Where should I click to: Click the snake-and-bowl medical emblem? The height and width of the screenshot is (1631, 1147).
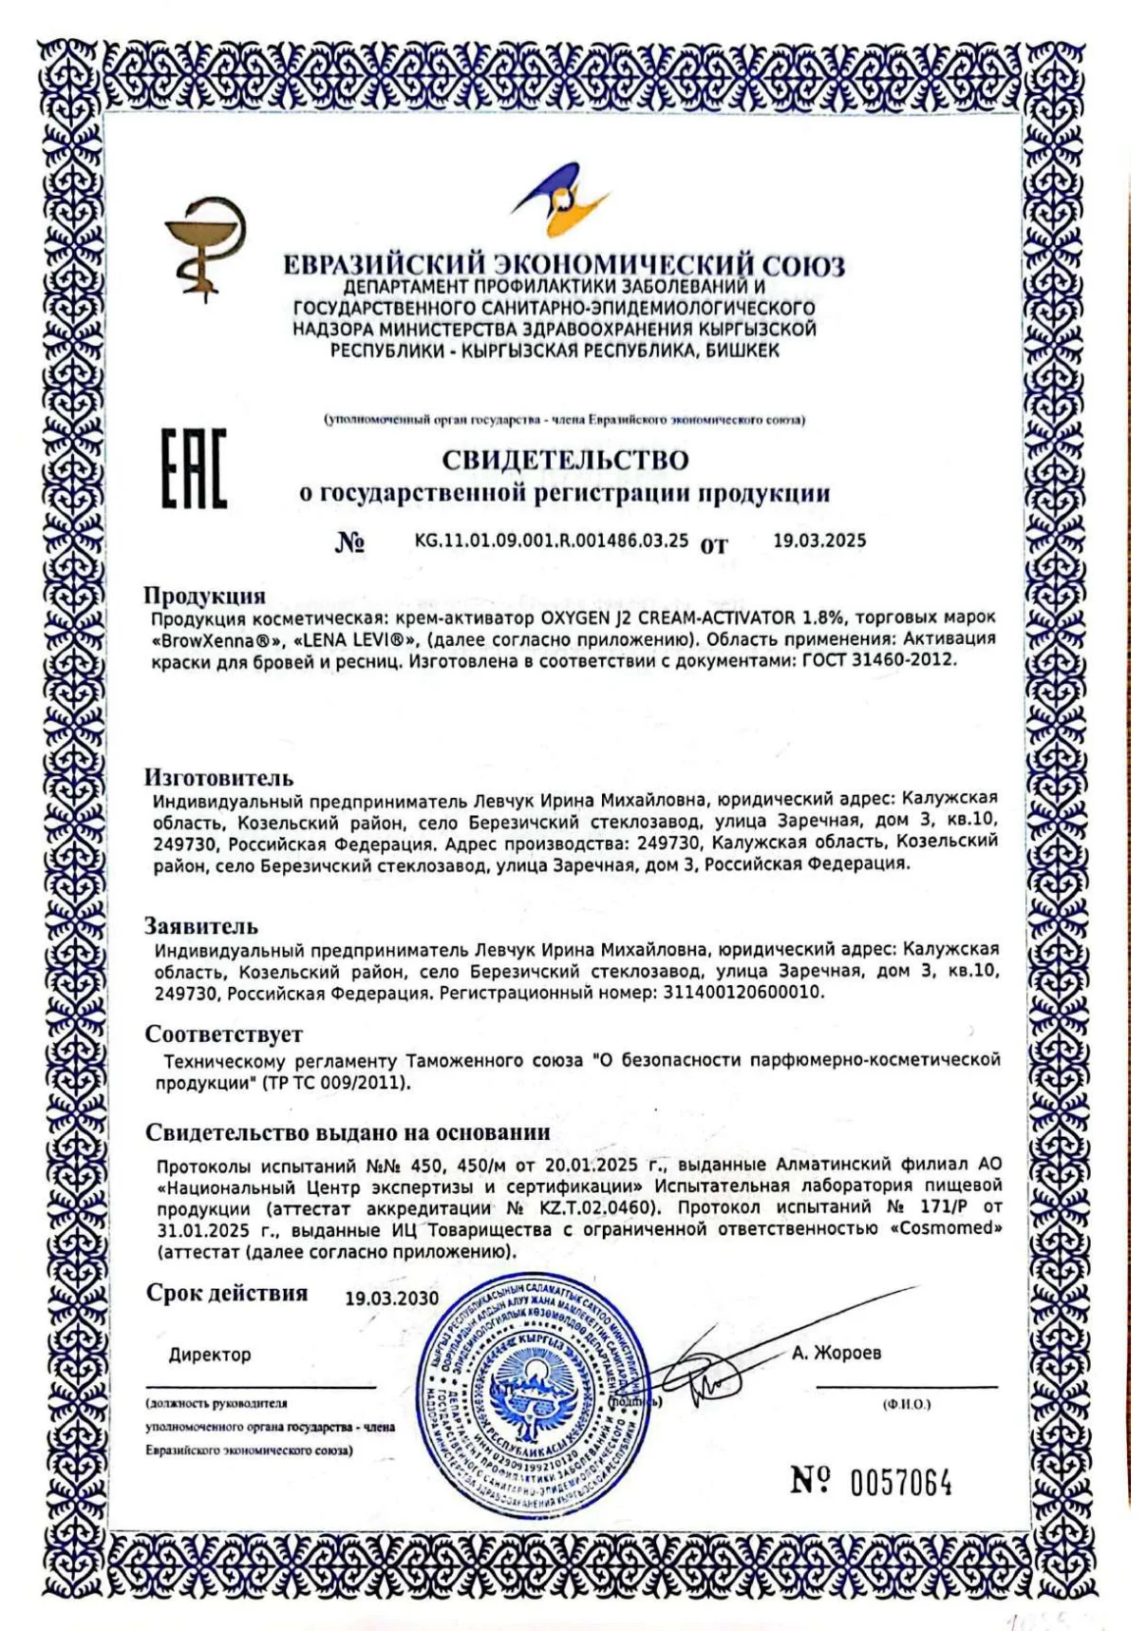point(204,247)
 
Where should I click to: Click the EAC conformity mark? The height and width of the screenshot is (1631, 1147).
point(194,468)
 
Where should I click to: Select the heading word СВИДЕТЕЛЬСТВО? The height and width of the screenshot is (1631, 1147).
point(565,461)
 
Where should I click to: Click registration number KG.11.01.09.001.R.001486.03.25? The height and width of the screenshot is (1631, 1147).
point(551,541)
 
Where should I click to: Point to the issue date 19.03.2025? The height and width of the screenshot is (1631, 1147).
point(819,541)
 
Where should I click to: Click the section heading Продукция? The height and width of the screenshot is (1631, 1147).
point(204,596)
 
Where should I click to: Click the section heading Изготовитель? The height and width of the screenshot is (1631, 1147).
point(218,778)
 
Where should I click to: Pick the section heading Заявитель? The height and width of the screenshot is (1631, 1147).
point(201,926)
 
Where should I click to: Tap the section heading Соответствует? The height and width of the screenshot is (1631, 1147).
point(224,1034)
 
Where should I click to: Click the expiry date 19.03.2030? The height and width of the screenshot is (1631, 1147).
point(391,1299)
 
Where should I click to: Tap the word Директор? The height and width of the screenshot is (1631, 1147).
point(210,1355)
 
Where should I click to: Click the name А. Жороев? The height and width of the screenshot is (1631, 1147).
point(836,1353)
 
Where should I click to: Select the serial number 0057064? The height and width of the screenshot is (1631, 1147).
point(900,1482)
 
